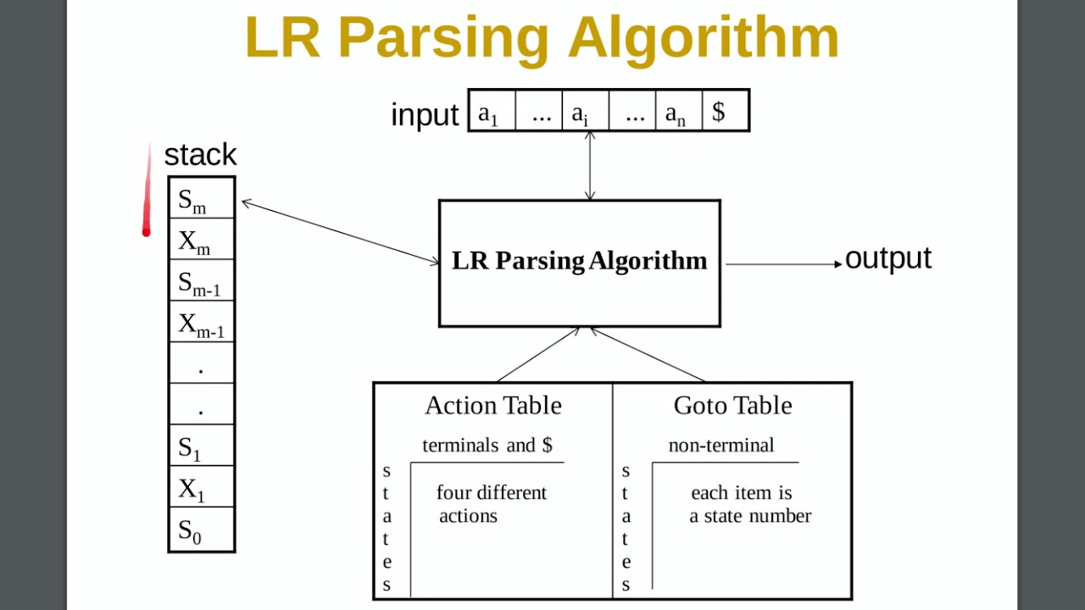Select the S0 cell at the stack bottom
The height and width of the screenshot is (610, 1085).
[x=201, y=530]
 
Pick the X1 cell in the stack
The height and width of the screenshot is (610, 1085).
[x=201, y=488]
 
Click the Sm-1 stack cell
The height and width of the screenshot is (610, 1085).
[x=201, y=282]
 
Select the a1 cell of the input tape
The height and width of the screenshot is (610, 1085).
[x=492, y=111]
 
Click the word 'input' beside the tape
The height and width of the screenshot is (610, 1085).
[x=425, y=114]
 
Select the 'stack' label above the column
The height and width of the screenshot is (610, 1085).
[x=200, y=154]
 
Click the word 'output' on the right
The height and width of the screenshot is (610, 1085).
[x=887, y=258]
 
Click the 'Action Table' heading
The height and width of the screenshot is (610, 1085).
[x=492, y=406]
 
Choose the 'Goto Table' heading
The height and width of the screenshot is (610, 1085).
[x=732, y=406]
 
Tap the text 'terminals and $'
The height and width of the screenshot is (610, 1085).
[x=487, y=446]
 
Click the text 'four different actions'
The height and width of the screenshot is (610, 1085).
[x=491, y=504]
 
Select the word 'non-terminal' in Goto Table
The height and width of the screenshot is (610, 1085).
[x=721, y=446]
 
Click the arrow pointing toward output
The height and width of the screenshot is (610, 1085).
[x=783, y=264]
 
